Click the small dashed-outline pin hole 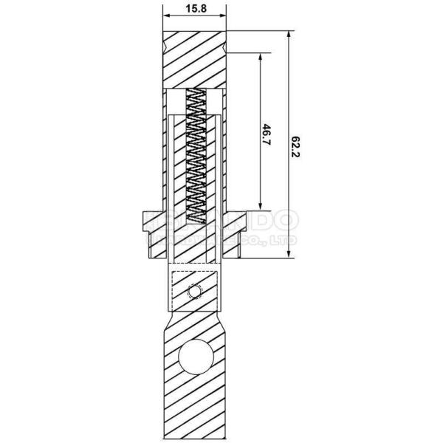pos(195,292)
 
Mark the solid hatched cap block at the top pos(193,60)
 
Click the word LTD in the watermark pos(285,241)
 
